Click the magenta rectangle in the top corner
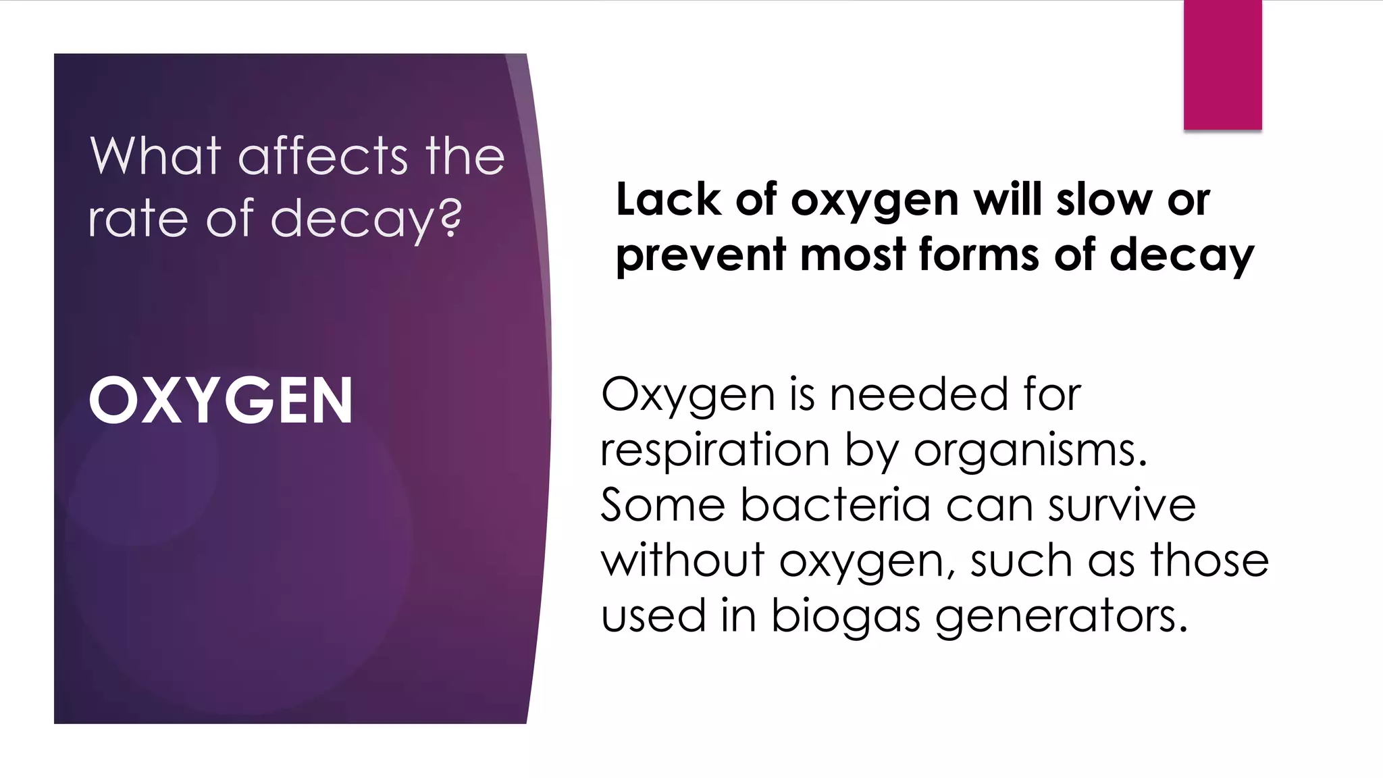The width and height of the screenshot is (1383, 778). pyautogui.click(x=1222, y=65)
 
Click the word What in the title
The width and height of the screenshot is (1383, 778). pyautogui.click(x=156, y=156)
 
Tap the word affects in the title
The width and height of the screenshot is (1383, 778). pyautogui.click(x=323, y=156)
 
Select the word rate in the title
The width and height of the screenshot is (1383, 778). pyautogui.click(x=138, y=219)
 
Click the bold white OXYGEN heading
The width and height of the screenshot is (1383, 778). pyautogui.click(x=221, y=401)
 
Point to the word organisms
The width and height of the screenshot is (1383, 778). pyautogui.click(x=1030, y=450)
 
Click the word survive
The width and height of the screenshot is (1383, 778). pyautogui.click(x=1122, y=505)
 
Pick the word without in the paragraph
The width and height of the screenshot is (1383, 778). pyautogui.click(x=683, y=561)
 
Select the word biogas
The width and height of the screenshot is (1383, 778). pyautogui.click(x=845, y=617)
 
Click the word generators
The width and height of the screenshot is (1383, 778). pyautogui.click(x=1061, y=617)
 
